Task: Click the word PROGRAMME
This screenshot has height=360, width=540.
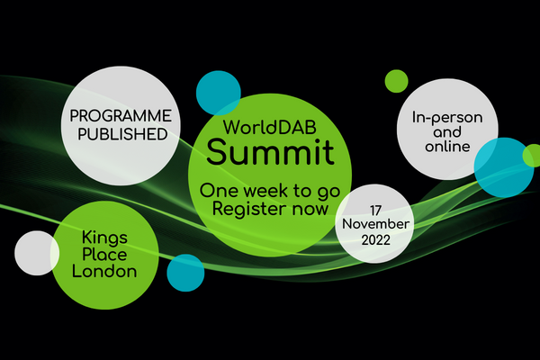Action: pos(121,116)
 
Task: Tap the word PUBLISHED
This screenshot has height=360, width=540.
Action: pos(122,134)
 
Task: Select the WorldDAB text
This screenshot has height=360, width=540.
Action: pos(270,127)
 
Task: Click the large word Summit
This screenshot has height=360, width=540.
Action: pos(270,152)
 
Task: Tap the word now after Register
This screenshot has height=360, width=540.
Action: pos(310,210)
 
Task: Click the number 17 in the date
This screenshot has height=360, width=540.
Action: pos(375,210)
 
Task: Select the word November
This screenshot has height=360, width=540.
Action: pos(375,224)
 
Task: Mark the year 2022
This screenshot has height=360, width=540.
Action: pos(375,239)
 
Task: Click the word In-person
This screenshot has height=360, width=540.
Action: pos(447,118)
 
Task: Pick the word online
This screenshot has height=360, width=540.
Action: pos(447,147)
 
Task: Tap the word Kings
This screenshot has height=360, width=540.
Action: pos(104,238)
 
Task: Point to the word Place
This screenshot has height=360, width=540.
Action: pos(104,255)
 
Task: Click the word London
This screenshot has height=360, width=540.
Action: pos(104,272)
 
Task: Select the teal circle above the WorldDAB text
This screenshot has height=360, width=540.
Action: pos(219,93)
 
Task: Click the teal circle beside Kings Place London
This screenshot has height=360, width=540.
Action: pos(185,273)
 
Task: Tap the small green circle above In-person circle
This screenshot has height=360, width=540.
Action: pos(396,81)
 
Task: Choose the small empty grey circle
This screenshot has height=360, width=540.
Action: pos(37,253)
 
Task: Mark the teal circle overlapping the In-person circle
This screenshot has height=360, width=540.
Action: pos(504,167)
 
